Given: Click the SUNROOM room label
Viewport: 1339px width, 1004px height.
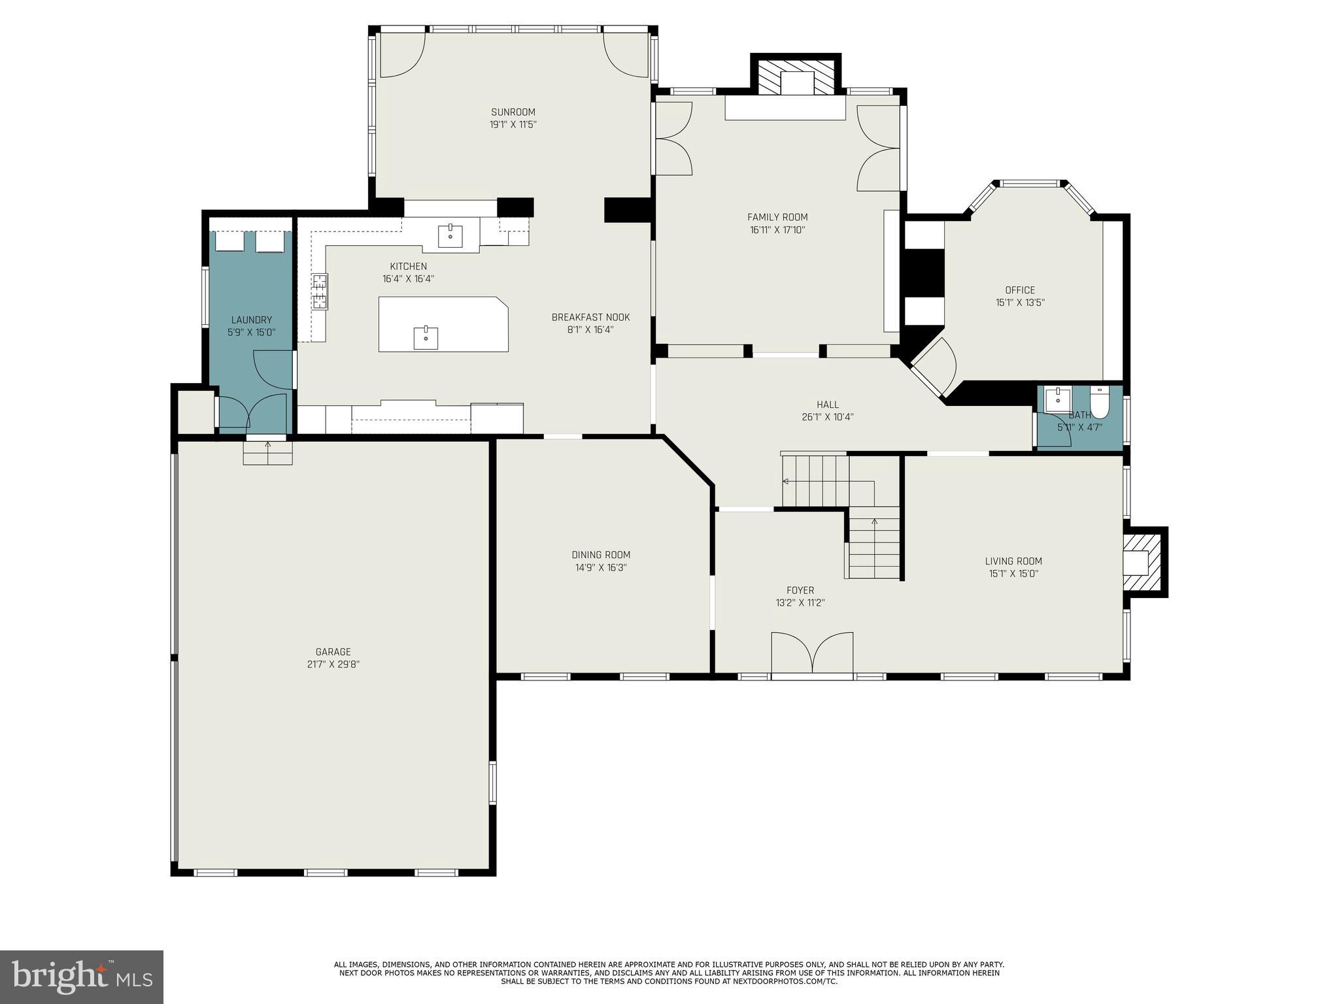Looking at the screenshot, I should coord(513,112).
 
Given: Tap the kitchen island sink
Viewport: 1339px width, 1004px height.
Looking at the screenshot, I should coord(426,338).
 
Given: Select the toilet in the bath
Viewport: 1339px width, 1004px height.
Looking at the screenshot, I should coord(1100,402).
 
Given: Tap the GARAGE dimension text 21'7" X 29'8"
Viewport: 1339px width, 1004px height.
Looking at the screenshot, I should coord(333,664).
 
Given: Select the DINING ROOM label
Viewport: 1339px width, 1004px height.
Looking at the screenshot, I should coord(601,555).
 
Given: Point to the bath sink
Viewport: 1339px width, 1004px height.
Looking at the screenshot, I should coord(1057,399).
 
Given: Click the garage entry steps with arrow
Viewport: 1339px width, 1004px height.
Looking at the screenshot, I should coord(267,452).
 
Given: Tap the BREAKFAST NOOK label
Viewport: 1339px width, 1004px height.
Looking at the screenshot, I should coord(590,317).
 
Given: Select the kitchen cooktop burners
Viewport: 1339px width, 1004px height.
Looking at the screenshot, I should coord(320,291).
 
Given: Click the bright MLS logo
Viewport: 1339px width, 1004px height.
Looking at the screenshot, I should coord(81,977).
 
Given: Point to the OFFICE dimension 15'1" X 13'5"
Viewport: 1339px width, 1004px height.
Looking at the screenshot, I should coord(1020,303).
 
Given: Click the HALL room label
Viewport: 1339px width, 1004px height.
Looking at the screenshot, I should coord(827,405).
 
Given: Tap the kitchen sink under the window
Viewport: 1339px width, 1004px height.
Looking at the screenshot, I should coord(450,235).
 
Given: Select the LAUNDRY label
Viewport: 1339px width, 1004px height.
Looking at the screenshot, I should coord(251,320).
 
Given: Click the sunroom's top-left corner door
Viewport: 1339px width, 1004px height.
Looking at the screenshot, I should coord(402,54).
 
